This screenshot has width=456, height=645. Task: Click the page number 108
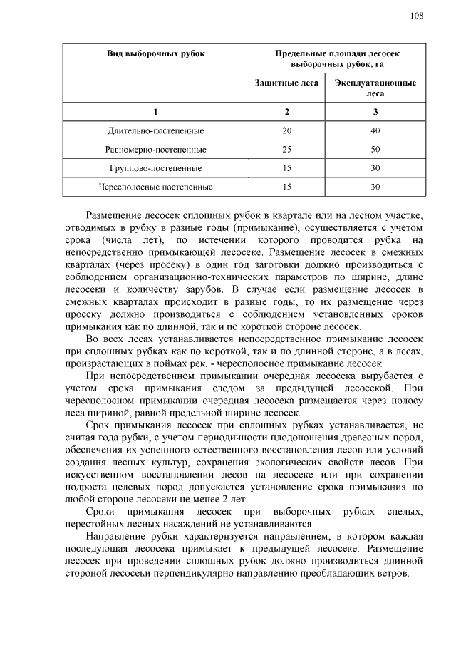(x=417, y=16)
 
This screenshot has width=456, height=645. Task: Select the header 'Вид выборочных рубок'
(x=155, y=54)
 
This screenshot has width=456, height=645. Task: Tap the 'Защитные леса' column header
(x=286, y=83)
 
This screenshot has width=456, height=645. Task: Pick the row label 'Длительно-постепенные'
(x=155, y=131)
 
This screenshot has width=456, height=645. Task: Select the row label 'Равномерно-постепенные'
(x=155, y=150)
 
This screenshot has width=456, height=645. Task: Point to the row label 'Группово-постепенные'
(x=155, y=168)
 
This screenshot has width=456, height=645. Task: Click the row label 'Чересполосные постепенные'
(x=155, y=187)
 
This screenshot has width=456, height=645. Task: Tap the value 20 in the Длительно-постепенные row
(x=286, y=131)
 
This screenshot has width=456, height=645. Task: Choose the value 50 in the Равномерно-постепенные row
(x=375, y=150)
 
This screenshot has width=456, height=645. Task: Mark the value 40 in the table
(x=375, y=131)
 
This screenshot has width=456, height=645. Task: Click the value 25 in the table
(x=286, y=150)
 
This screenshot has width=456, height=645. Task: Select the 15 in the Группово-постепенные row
(x=286, y=168)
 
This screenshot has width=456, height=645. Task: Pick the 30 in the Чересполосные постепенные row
(x=375, y=187)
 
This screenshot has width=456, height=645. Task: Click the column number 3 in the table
(x=375, y=112)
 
